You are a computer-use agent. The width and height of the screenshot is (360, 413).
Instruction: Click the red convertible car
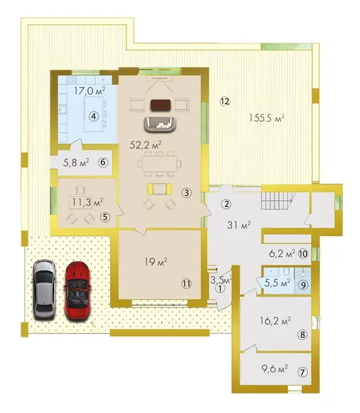point(77,291)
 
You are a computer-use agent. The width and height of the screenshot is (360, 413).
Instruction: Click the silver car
point(45,290)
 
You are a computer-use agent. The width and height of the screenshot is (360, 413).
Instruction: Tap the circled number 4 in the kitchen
point(94,116)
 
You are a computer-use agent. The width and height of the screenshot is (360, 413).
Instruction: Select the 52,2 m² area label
point(146,145)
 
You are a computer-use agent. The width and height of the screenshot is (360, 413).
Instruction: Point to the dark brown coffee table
point(161,105)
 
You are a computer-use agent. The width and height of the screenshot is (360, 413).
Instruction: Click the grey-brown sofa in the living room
point(160,125)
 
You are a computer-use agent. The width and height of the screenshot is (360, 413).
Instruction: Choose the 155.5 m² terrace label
point(266,118)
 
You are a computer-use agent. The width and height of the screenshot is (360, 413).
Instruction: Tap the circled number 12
point(225,101)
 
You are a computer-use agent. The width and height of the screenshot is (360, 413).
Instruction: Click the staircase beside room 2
point(277,201)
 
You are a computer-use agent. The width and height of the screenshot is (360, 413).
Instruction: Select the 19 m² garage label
point(156,262)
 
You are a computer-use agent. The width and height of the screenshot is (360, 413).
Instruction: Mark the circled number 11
point(186,283)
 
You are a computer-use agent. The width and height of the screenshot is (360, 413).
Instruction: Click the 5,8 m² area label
point(76,163)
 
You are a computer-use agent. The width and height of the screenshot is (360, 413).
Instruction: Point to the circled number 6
point(103,162)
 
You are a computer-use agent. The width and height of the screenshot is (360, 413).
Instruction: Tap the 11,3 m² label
point(88,202)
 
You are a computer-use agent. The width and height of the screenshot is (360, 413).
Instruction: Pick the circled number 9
point(303,285)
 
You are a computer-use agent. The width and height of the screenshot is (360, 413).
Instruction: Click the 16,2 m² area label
point(275,321)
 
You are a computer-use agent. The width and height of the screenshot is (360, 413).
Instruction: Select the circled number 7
point(303,372)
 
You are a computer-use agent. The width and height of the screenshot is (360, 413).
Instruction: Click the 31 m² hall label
point(239,225)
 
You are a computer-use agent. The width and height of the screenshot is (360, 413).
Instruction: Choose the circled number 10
point(303,254)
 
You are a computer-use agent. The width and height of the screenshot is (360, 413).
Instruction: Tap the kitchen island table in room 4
point(94,114)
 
